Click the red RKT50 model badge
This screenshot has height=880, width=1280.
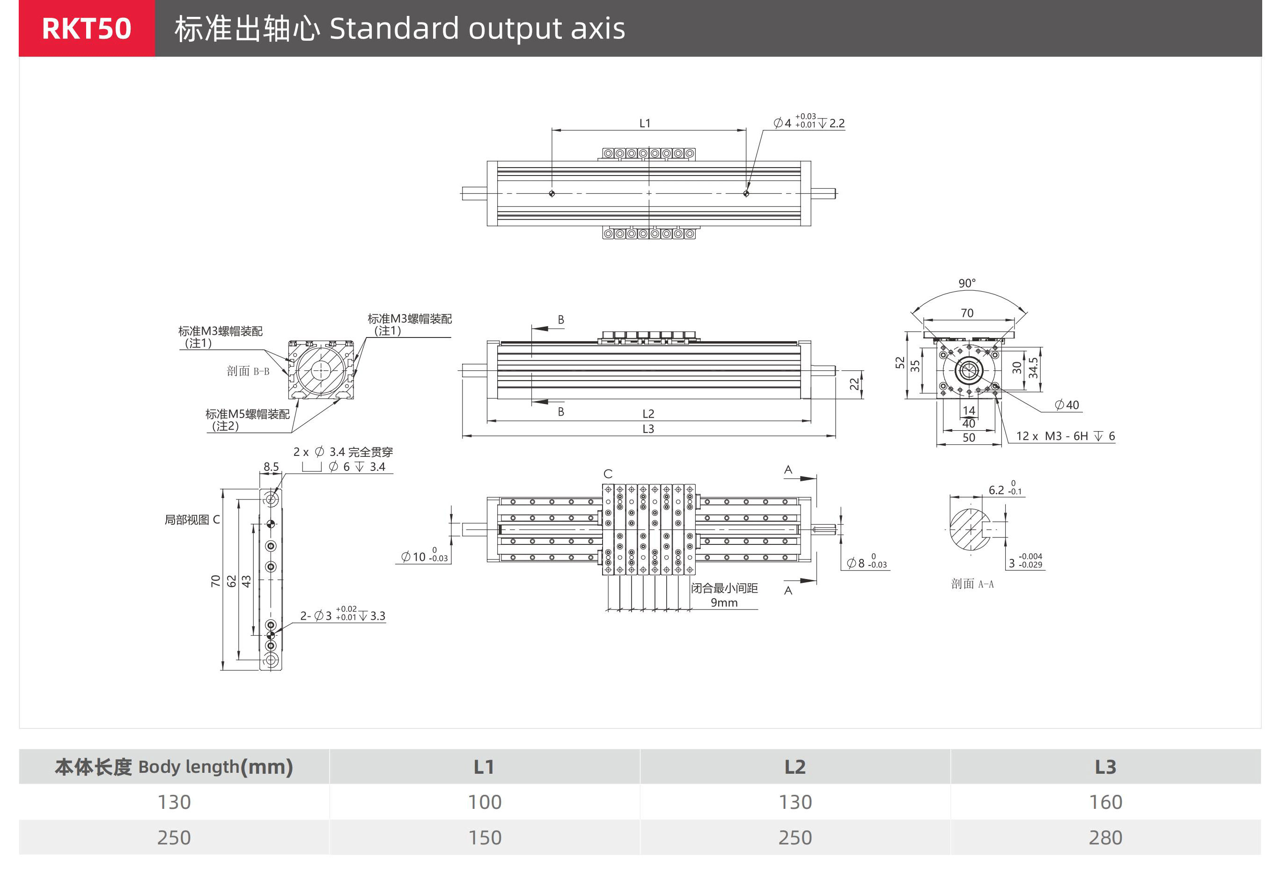(x=87, y=29)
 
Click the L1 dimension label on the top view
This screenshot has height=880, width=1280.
(x=645, y=124)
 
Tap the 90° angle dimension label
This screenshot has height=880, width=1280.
(x=967, y=283)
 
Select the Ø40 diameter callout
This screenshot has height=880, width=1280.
(x=1067, y=405)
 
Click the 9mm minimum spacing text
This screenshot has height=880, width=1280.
(x=723, y=602)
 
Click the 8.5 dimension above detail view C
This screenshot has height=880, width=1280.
(x=271, y=467)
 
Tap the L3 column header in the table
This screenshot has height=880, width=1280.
(x=1105, y=767)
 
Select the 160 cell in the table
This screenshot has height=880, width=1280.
(x=1105, y=802)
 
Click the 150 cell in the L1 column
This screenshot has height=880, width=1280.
(x=485, y=837)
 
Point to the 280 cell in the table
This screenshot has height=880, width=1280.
(x=1105, y=837)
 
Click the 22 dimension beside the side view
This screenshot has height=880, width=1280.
(x=854, y=384)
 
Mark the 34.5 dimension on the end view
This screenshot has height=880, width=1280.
(x=1033, y=368)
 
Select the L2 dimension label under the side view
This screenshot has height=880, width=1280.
(x=648, y=413)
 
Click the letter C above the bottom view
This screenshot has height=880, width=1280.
(x=608, y=474)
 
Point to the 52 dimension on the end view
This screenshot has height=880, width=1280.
(x=900, y=362)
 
